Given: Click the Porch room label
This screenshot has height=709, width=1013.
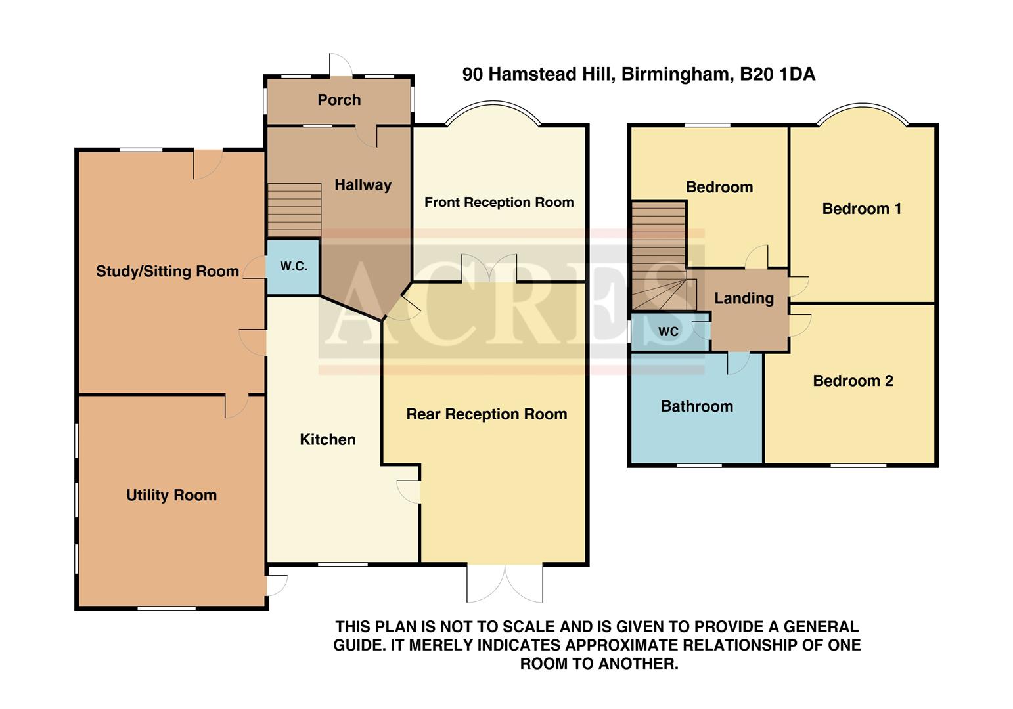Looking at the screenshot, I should (x=339, y=100).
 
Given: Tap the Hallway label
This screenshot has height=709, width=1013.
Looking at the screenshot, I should (x=363, y=185).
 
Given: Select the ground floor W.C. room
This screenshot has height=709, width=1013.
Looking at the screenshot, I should (x=293, y=267).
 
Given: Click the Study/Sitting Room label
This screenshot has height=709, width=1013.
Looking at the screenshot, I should (x=168, y=271).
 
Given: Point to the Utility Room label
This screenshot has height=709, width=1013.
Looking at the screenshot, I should (x=171, y=495).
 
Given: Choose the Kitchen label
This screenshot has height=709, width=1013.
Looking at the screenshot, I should (x=328, y=439).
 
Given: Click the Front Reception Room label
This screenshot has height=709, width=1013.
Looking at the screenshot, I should (x=499, y=202).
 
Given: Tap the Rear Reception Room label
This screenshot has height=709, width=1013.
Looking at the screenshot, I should (x=486, y=414).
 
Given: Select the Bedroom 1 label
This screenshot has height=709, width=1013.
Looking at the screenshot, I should (x=861, y=209).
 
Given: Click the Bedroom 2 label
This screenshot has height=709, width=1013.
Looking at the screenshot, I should (x=853, y=381).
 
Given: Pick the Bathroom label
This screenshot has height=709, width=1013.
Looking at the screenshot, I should (x=696, y=406).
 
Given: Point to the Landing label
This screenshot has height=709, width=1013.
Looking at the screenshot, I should (x=744, y=298).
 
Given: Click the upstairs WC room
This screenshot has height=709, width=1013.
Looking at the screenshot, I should (x=668, y=332).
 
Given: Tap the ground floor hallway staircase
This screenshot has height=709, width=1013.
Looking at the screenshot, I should (x=294, y=209).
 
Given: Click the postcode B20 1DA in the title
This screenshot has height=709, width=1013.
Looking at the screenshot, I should (x=778, y=74).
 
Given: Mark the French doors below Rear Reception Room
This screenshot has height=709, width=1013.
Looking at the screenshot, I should (x=505, y=582).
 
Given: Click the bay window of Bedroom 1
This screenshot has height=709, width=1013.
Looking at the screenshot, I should (x=863, y=112).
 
